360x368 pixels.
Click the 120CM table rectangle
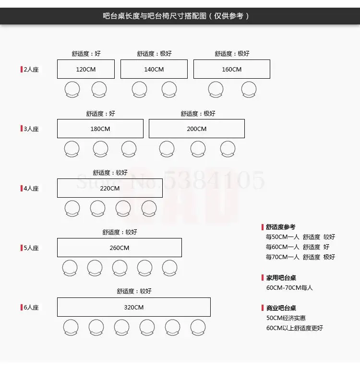(x=86, y=69)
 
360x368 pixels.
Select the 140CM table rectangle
(x=154, y=69)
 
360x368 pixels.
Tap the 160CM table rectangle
(x=232, y=69)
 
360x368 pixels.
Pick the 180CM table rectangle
(x=100, y=129)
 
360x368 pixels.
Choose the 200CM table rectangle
(x=197, y=129)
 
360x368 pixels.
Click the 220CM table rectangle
(x=110, y=188)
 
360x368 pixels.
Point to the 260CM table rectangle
(x=120, y=248)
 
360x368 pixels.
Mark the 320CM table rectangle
(x=134, y=307)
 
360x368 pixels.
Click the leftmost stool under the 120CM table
(x=72, y=89)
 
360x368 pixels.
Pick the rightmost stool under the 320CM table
(x=198, y=327)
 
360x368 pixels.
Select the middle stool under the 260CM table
(x=120, y=268)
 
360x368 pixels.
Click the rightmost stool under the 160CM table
(x=249, y=89)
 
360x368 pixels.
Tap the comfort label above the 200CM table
(x=198, y=114)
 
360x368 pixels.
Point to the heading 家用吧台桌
(x=281, y=278)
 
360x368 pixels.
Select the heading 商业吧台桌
(x=281, y=308)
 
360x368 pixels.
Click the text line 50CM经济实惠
(x=286, y=318)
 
